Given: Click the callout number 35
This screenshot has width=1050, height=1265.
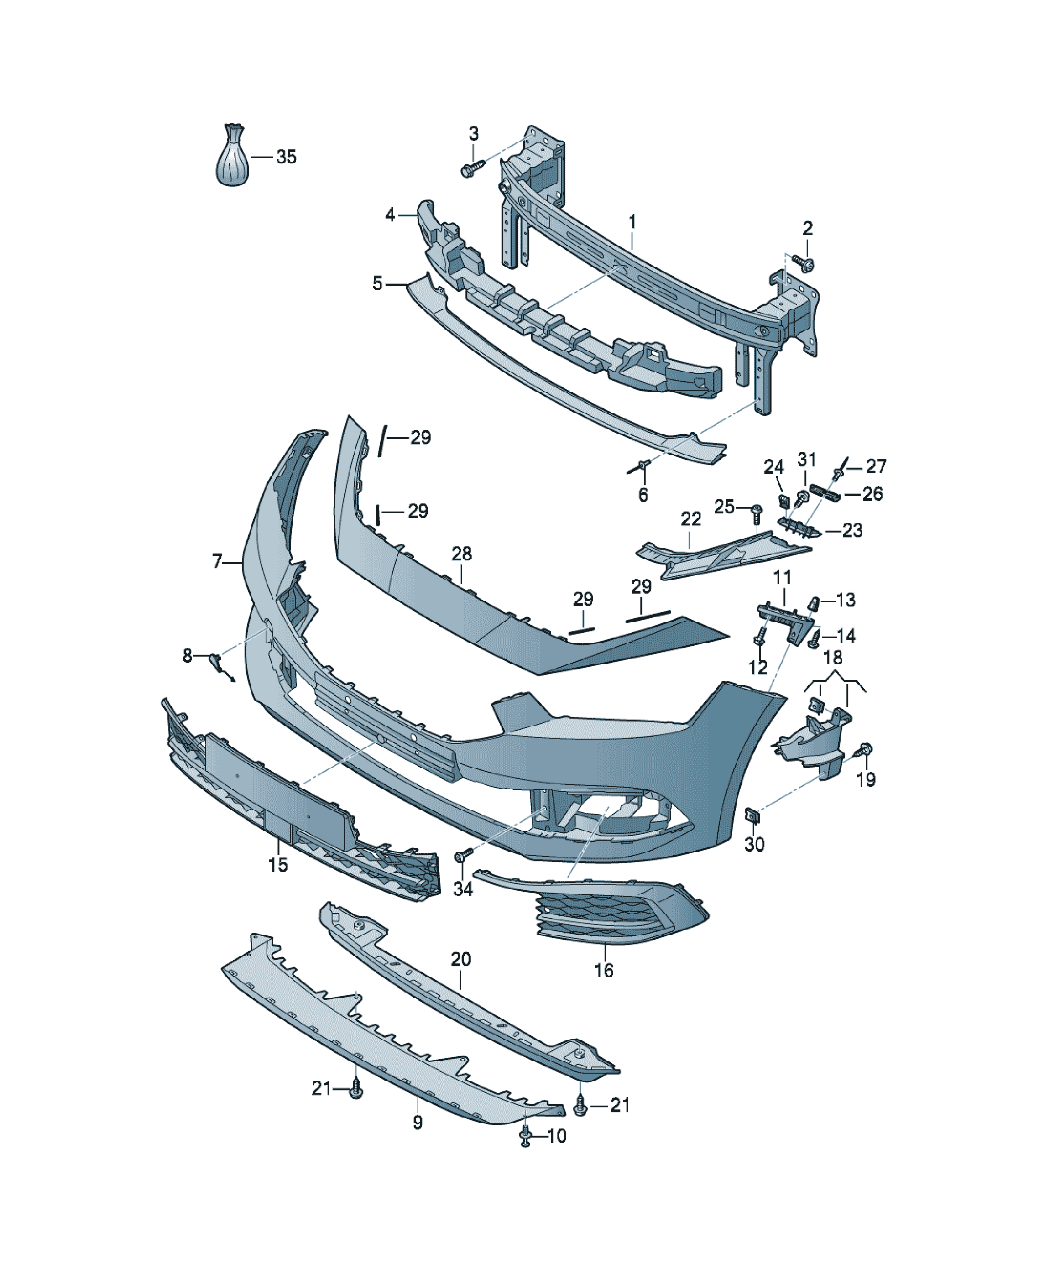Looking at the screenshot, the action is coord(287,157).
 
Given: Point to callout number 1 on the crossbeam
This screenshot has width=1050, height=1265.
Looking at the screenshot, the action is coord(633,222).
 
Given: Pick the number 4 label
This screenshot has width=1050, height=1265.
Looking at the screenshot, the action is coord(391,214).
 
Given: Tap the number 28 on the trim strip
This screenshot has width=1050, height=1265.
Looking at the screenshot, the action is coord(462,554).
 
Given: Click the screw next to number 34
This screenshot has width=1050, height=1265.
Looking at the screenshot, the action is coord(463,856).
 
